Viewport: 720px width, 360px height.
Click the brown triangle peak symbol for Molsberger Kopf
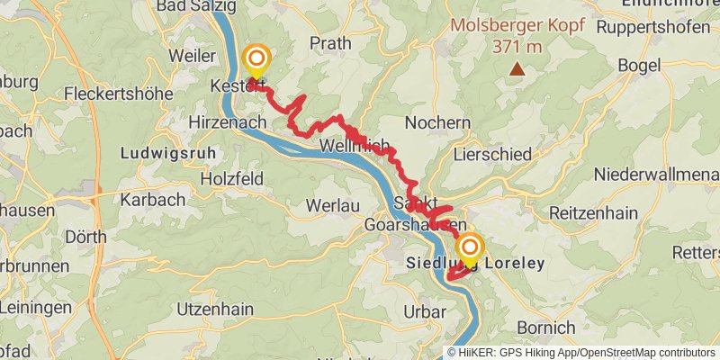click(x=517, y=68)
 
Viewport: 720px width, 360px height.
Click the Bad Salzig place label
click(x=196, y=6)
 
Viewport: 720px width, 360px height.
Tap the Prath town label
click(x=330, y=42)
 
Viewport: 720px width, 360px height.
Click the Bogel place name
click(x=640, y=65)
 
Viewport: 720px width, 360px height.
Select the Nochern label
click(x=438, y=122)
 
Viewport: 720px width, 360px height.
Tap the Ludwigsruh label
click(x=168, y=154)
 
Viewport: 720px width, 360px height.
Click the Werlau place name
click(x=332, y=205)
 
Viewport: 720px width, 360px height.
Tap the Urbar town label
click(x=426, y=311)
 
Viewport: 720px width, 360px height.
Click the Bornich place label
click(x=546, y=327)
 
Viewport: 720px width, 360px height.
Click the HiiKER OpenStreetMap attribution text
click(x=581, y=352)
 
